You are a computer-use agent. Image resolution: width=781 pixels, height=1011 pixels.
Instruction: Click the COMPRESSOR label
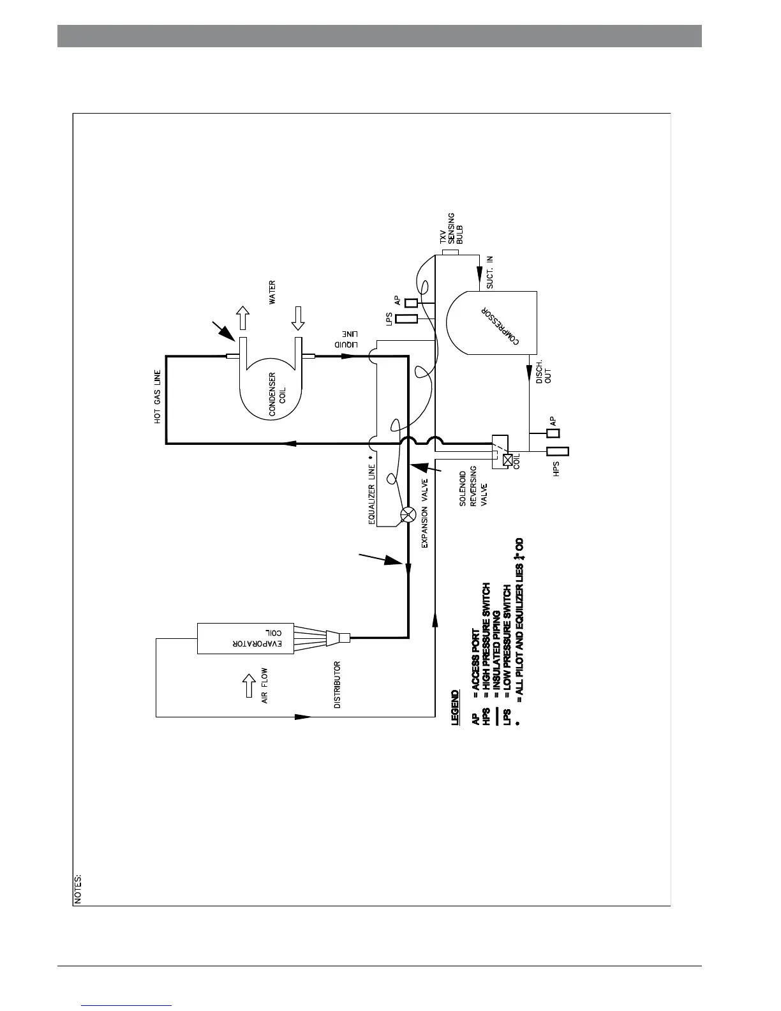pyautogui.click(x=500, y=324)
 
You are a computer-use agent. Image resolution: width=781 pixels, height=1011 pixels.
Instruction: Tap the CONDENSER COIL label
pyautogui.click(x=276, y=394)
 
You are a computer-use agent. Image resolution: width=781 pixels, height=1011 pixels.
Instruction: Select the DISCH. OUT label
pyautogui.click(x=544, y=371)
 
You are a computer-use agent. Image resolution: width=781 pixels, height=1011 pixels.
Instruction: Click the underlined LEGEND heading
pyautogui.click(x=455, y=707)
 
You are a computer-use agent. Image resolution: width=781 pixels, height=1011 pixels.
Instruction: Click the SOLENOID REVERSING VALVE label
pyautogui.click(x=473, y=488)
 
